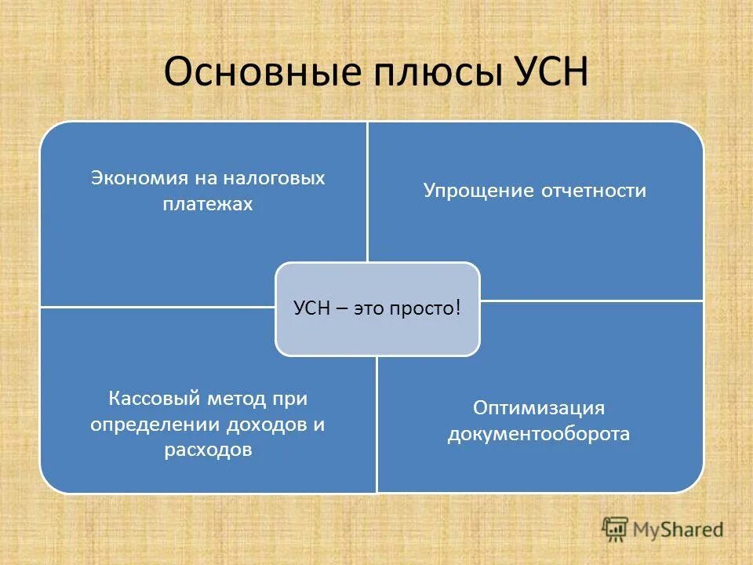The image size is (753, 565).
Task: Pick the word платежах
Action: click(208, 204)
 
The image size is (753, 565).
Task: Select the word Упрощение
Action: click(478, 191)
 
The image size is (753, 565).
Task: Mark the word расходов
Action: click(208, 450)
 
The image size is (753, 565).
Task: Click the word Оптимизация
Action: click(538, 408)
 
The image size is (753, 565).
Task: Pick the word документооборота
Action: click(538, 434)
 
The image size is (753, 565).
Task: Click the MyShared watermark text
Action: click(678, 529)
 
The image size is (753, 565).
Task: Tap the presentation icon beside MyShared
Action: click(615, 529)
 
